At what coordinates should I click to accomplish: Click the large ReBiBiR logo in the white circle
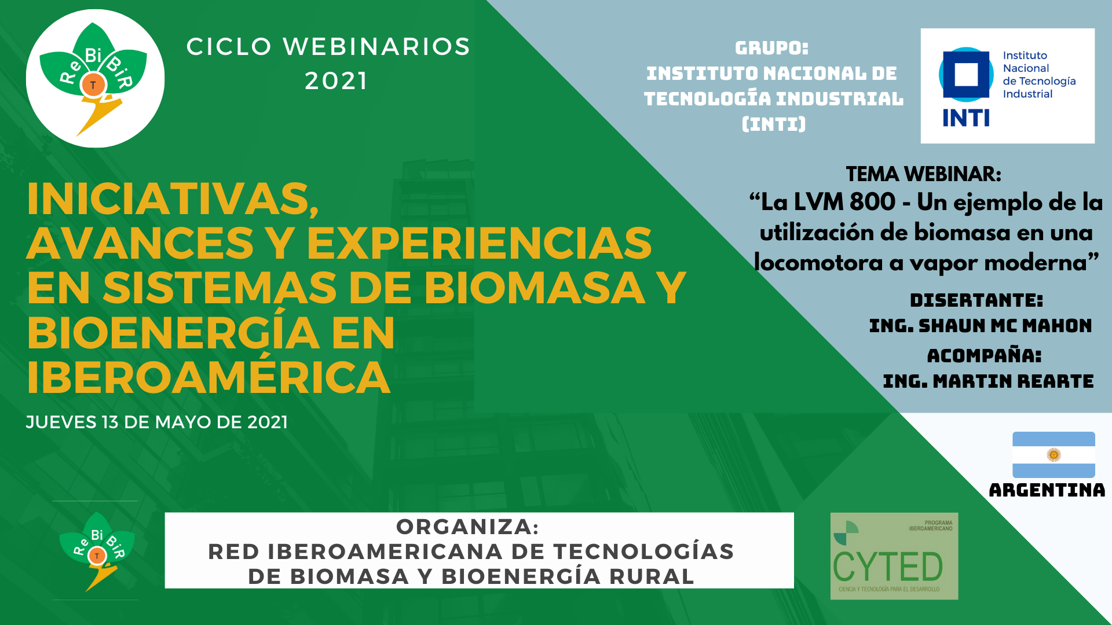[93, 78]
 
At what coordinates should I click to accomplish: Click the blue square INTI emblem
[965, 75]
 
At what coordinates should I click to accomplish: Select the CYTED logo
[894, 556]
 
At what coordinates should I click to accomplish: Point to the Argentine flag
[1054, 455]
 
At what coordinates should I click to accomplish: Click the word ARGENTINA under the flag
[1047, 490]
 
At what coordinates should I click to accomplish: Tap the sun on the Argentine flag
[1054, 455]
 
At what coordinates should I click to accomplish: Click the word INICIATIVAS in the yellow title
[173, 199]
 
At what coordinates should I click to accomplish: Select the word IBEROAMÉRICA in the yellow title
[209, 377]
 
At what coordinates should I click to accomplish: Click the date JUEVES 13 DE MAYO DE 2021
[157, 422]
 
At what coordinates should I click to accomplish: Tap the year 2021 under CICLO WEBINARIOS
[336, 81]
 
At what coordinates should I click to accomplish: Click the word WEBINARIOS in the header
[376, 47]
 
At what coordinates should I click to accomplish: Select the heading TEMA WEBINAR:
[923, 174]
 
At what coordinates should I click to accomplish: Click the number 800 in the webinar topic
[872, 202]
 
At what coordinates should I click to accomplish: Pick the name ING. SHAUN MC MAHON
[981, 326]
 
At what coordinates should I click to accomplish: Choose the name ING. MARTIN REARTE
[988, 381]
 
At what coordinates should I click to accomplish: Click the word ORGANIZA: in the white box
[467, 527]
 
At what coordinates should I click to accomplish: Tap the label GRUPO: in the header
[771, 48]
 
